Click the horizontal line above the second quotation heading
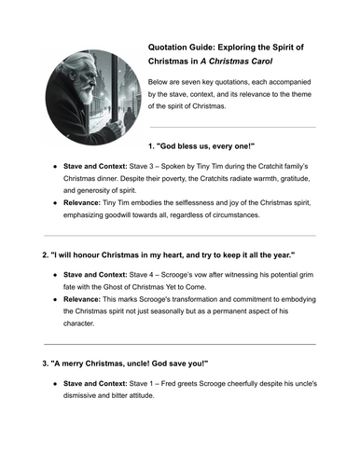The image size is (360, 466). click(180, 235)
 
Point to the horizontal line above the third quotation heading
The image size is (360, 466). click(180, 343)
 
